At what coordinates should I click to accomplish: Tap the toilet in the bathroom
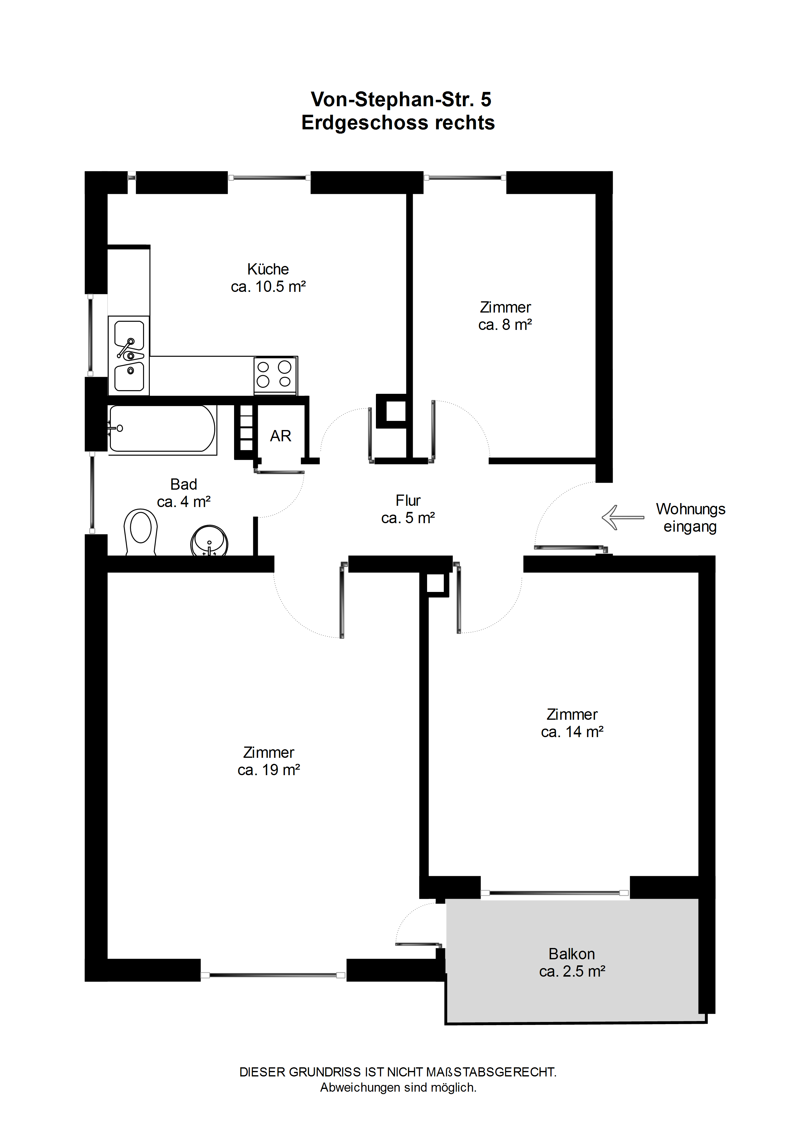[141, 532]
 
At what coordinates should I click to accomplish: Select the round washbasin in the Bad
[209, 541]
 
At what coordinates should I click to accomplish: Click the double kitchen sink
[129, 355]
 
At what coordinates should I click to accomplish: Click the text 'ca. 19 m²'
[269, 770]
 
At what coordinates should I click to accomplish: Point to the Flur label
[408, 501]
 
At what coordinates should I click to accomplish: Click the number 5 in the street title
[486, 100]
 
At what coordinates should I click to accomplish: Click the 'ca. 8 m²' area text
[505, 325]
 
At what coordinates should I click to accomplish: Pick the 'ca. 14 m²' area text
[572, 732]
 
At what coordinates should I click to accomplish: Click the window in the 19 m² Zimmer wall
[273, 975]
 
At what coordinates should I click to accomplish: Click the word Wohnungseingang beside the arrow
[690, 518]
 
